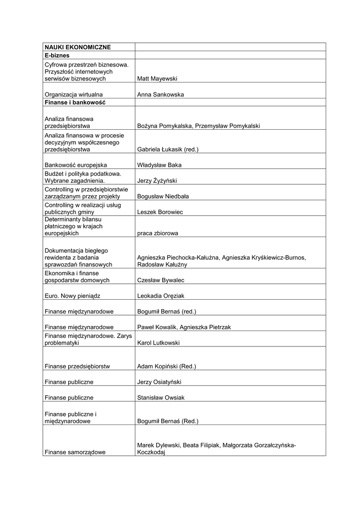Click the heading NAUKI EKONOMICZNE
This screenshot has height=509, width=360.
click(78, 47)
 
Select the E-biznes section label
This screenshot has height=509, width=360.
click(57, 55)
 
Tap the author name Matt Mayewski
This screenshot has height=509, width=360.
click(157, 79)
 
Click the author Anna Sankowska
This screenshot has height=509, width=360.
click(160, 94)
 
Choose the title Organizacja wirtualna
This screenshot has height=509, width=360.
click(74, 94)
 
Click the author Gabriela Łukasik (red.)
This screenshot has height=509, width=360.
click(168, 149)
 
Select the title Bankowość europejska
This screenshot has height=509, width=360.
click(76, 165)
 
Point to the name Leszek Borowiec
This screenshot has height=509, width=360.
click(160, 212)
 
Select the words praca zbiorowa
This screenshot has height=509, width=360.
click(157, 233)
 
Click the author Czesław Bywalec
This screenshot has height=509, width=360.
click(160, 280)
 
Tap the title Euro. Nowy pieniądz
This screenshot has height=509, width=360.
click(73, 296)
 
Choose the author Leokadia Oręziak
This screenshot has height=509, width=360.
click(161, 296)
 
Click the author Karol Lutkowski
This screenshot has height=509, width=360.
click(158, 343)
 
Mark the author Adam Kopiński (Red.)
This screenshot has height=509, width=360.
click(166, 366)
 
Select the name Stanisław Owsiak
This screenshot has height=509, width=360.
click(161, 398)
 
